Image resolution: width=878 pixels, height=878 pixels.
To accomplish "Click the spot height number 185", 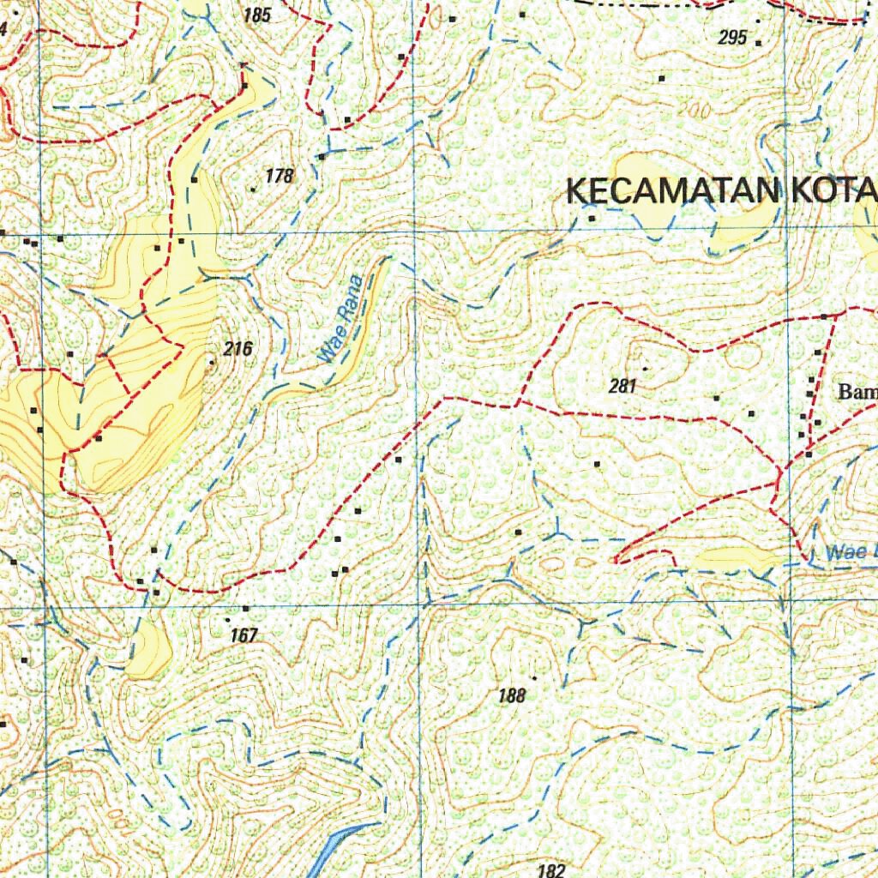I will (x=257, y=15).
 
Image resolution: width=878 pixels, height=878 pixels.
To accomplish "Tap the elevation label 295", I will (x=732, y=38).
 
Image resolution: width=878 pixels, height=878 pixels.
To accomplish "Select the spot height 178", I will (x=280, y=177).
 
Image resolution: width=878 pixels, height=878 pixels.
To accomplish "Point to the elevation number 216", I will (x=238, y=349).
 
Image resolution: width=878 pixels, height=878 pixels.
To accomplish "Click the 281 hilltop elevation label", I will (x=622, y=387).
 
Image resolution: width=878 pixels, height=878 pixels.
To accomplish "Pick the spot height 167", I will (x=244, y=636).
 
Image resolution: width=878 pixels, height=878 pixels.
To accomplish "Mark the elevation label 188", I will (x=511, y=695).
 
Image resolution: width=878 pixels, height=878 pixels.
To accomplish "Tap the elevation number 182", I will (x=550, y=870).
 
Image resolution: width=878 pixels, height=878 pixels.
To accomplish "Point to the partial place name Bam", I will (x=857, y=394).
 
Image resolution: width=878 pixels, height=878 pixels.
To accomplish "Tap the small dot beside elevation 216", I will (x=213, y=363).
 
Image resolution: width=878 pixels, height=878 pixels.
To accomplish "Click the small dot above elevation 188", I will (x=533, y=677).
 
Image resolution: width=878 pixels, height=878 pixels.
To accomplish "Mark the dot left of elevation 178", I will (x=253, y=189).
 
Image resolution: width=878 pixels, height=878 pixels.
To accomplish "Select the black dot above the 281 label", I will (x=645, y=369).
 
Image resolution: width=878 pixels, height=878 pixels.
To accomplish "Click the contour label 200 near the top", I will (x=700, y=111).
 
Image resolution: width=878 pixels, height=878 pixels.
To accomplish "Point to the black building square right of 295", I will (x=759, y=41).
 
